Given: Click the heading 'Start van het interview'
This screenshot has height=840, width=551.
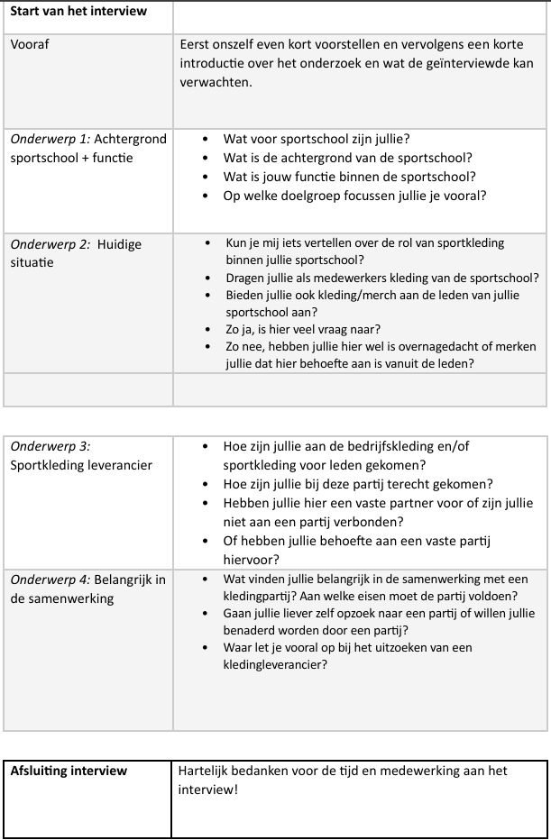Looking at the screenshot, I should point(78,11).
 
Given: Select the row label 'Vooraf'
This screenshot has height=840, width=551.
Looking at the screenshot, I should point(30,44).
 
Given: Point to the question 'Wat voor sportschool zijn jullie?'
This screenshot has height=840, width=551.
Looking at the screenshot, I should point(317,139).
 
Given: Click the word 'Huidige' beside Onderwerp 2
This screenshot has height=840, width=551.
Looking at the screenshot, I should point(119,244).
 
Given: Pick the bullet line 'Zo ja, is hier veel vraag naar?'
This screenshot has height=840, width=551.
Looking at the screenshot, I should point(303,329).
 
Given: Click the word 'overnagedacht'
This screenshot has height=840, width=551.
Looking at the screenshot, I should point(436,346).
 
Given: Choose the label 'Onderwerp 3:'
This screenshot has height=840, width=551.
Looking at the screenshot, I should point(51,446).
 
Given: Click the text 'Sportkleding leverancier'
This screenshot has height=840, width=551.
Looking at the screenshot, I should point(81,465).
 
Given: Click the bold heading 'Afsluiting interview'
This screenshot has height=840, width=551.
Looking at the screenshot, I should point(69,771).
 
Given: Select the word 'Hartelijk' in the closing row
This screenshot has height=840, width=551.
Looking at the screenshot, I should point(205,771).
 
